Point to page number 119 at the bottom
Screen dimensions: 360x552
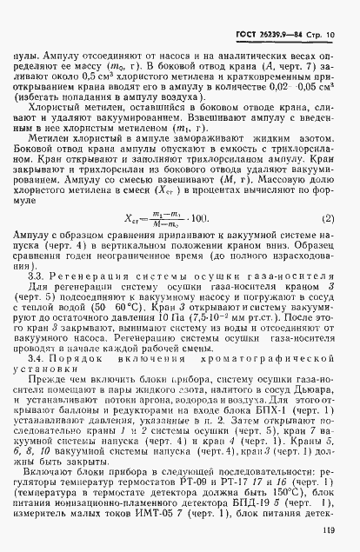pos(329,532)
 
